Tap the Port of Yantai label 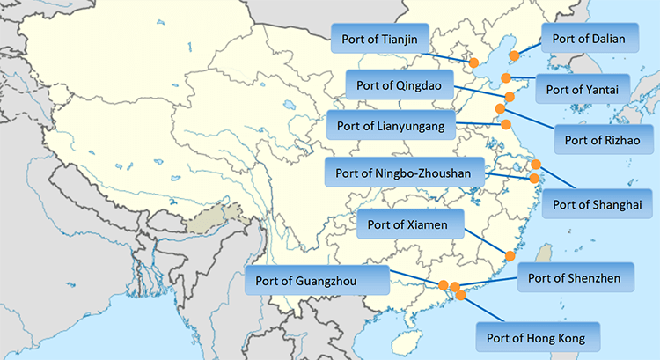click(583, 88)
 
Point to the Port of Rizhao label click(602, 138)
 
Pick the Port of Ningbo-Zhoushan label click(404, 173)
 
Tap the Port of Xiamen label click(410, 224)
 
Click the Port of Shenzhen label click(575, 278)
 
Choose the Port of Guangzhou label click(318, 281)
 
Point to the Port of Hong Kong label click(535, 336)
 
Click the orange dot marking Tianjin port click(473, 62)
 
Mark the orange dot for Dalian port click(515, 55)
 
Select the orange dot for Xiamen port click(510, 255)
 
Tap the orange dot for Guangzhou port click(443, 284)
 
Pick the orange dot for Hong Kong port click(461, 296)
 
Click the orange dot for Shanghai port click(536, 165)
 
